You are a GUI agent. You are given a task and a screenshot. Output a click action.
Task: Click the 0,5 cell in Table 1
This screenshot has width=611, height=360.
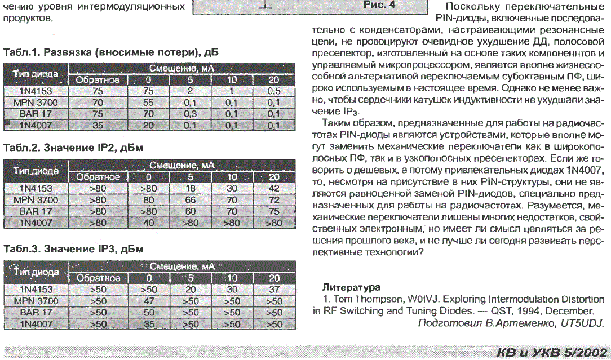coord(274,91)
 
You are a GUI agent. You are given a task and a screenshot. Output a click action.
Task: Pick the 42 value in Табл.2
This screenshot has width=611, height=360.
coord(274,188)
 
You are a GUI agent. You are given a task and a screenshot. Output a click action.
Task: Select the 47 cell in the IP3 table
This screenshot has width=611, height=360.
coord(149,301)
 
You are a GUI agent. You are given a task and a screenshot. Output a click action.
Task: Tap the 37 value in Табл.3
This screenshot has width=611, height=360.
coord(274,290)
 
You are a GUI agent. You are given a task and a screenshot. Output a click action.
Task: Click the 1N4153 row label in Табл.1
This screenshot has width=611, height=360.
coord(36,91)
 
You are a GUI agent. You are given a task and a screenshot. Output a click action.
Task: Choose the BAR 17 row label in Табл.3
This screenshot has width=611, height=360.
coord(36,312)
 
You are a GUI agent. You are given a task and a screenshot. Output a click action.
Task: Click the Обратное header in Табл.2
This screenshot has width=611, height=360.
coord(98,177)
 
